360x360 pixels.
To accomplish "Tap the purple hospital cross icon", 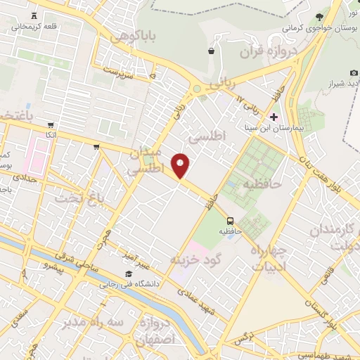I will click(x=274, y=116).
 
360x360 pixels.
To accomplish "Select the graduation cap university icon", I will click(x=128, y=274).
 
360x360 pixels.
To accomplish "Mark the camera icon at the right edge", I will click(x=353, y=73).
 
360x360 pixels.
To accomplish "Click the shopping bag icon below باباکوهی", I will click(x=211, y=51).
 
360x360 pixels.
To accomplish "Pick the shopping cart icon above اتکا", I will click(x=51, y=125).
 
